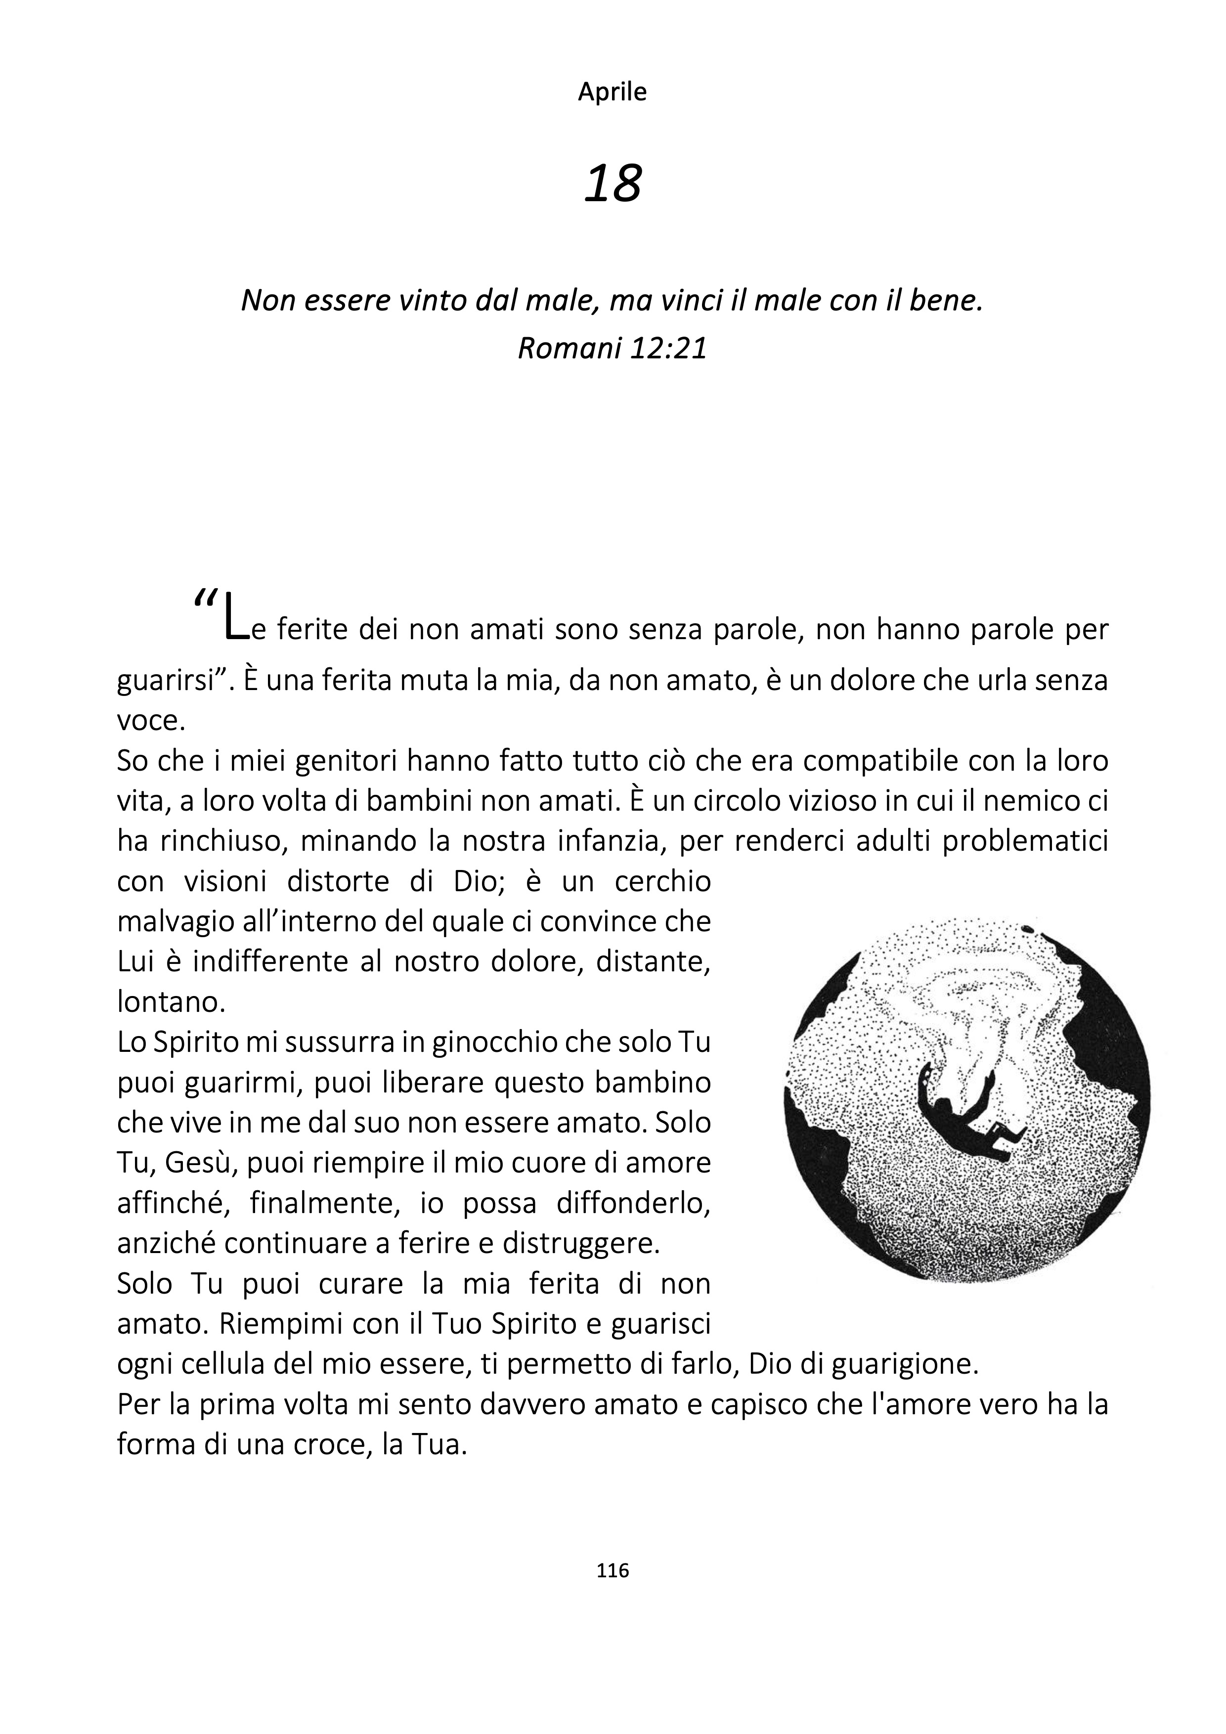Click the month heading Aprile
612,92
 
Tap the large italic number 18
613,183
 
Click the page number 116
613,1570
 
